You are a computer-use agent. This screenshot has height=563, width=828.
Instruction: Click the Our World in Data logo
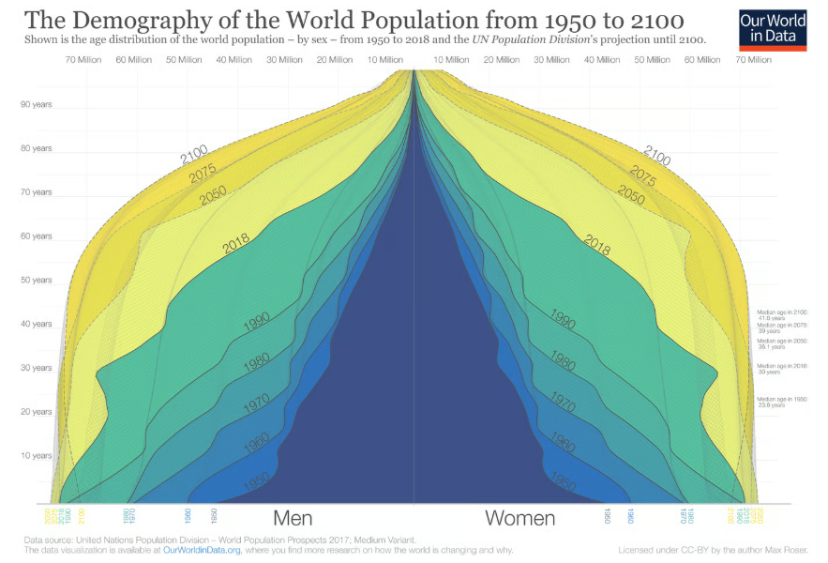(x=773, y=27)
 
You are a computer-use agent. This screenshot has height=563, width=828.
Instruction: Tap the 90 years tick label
(x=36, y=104)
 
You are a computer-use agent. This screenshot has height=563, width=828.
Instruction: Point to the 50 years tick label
(x=36, y=280)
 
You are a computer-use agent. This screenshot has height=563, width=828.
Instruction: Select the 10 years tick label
(x=36, y=455)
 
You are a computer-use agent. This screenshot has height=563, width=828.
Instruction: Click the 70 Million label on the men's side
(x=83, y=59)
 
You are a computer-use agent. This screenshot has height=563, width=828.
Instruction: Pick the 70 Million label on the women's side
(x=753, y=59)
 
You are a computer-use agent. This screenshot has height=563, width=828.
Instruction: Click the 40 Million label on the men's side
(x=233, y=59)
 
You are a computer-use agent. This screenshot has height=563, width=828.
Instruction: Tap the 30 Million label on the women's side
(x=551, y=59)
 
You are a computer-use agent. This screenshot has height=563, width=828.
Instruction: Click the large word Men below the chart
(x=293, y=518)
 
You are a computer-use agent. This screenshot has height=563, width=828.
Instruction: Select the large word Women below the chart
(x=519, y=518)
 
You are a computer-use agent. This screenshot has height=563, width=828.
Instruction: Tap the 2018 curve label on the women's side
(x=597, y=246)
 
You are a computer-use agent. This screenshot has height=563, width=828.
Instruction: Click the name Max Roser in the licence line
(x=792, y=551)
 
